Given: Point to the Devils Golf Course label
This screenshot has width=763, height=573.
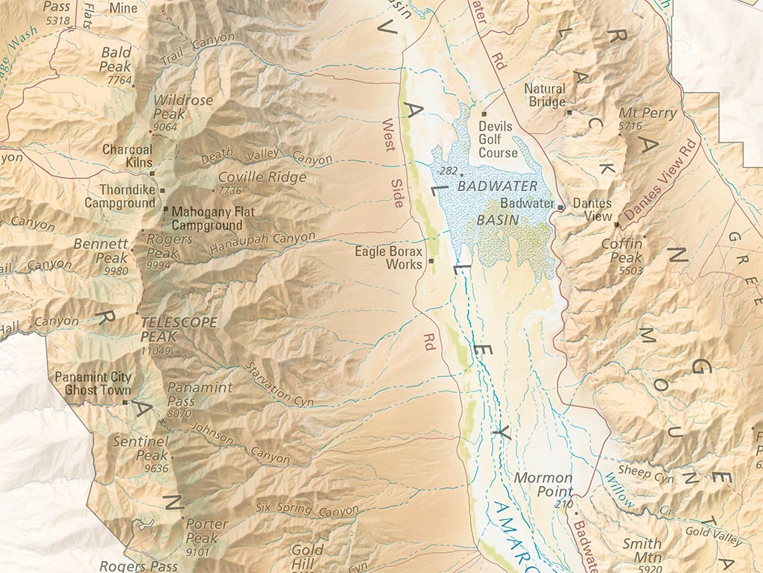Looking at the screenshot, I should (x=498, y=140).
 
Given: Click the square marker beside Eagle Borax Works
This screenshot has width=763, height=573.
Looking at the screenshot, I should (x=431, y=262).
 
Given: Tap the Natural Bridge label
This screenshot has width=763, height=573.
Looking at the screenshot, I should (x=545, y=95).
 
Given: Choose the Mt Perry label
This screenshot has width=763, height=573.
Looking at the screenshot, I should (x=648, y=113).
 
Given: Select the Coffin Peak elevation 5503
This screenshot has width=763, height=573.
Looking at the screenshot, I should (x=630, y=270).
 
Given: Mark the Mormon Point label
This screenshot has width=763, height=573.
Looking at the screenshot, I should (x=543, y=484).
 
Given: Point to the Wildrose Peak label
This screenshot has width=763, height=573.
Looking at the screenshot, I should (x=183, y=107).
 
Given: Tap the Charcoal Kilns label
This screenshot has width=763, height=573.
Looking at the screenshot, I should (x=127, y=155).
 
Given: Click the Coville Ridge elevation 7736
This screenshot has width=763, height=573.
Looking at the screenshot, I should (x=234, y=191).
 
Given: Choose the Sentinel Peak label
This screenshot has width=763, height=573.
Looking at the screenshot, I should (x=141, y=448).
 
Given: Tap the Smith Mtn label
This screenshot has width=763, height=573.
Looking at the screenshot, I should (x=642, y=550).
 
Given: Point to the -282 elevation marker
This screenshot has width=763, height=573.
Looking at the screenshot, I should (x=449, y=171).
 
